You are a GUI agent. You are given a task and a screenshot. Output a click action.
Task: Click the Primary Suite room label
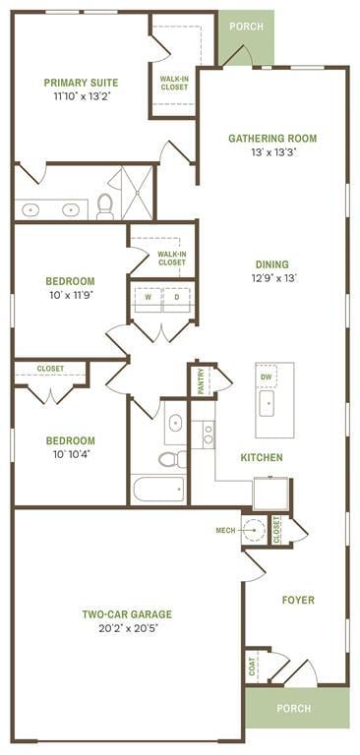coord(81,84)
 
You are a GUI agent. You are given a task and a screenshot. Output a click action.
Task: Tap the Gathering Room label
coord(272,139)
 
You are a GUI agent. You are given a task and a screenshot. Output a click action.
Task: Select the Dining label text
coord(272,263)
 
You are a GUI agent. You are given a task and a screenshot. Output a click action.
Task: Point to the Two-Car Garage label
coord(128,614)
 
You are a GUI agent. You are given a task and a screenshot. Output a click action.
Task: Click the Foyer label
coord(298,600)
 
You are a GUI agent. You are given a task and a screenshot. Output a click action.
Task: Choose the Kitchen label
coord(262,457)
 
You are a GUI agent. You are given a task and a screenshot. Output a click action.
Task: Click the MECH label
coord(225,531)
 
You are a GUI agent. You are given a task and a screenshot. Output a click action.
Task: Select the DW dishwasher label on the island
coord(267,377)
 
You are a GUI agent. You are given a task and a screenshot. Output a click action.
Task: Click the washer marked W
coord(149,296)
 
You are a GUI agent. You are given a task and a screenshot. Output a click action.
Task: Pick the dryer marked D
coord(177,296)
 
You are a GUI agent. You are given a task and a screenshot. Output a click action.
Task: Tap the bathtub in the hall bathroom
coord(158,489)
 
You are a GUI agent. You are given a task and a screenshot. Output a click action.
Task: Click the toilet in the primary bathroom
coord(105,205)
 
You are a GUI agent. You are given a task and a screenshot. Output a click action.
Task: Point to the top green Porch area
coord(246,27)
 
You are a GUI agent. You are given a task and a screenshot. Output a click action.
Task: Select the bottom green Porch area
coord(295,707)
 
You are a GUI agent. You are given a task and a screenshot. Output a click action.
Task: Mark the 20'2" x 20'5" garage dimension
coord(128,629)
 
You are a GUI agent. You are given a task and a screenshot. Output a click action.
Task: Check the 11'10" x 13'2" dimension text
coord(81,97)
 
